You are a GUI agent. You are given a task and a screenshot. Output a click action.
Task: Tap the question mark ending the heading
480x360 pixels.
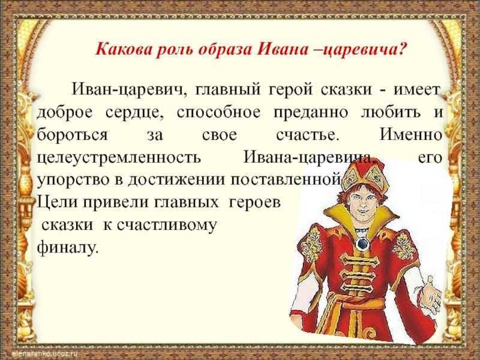(x=403, y=49)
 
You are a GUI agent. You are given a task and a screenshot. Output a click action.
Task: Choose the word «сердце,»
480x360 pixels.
(x=134, y=113)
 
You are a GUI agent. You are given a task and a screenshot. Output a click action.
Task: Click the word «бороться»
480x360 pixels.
(x=72, y=134)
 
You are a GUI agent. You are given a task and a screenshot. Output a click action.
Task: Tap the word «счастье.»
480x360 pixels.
(x=308, y=135)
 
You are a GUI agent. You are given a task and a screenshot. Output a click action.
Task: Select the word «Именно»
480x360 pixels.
(x=411, y=134)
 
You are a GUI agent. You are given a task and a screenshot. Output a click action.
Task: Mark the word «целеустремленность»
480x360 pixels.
(x=119, y=158)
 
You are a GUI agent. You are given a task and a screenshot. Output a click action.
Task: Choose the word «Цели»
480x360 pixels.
(x=56, y=202)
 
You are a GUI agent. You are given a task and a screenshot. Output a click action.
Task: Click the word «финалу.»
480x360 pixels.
(x=68, y=247)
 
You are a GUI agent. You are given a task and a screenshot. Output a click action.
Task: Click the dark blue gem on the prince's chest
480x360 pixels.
(x=362, y=244)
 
